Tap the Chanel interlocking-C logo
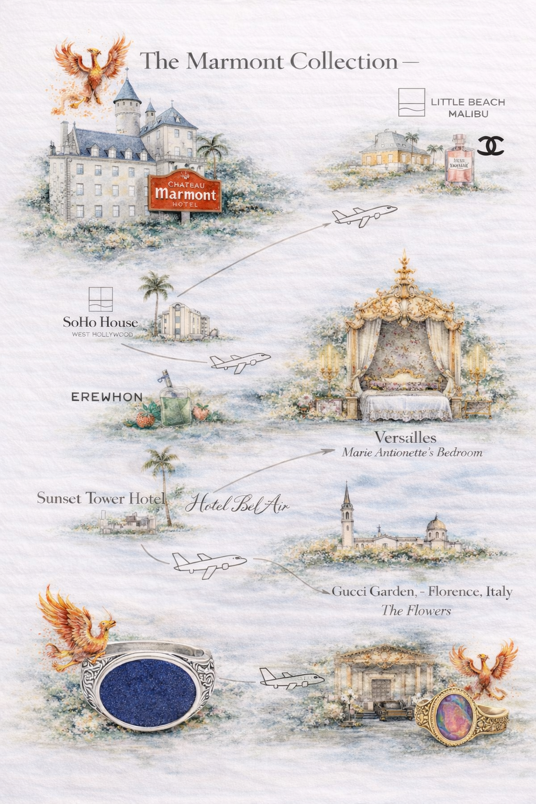coord(490,146)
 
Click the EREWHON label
coord(107,397)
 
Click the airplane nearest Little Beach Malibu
coord(364,215)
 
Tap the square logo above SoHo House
coord(100,299)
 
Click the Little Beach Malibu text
coord(467,107)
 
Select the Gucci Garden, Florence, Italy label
coord(422,591)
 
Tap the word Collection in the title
coord(344,61)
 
